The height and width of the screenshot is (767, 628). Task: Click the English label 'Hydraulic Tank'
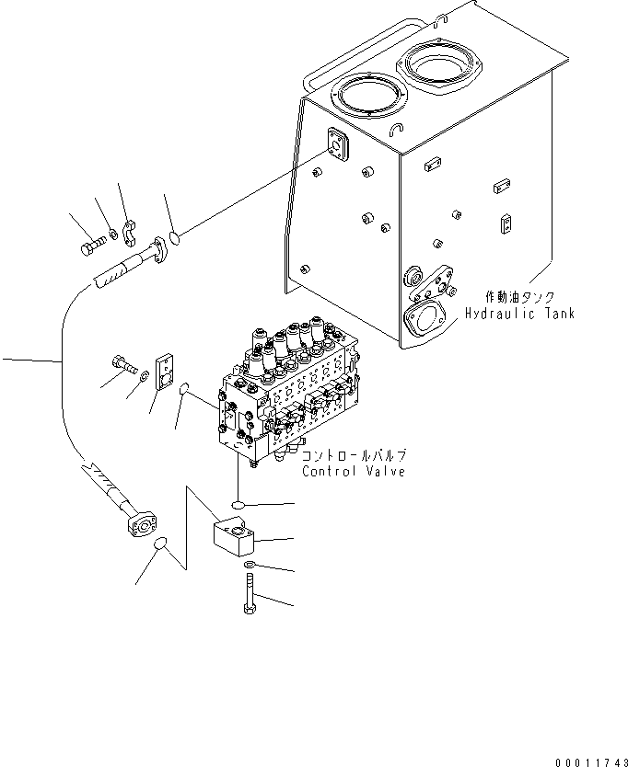click(518, 314)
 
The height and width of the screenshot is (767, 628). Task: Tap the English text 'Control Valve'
click(355, 472)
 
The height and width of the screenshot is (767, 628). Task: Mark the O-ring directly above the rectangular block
click(238, 505)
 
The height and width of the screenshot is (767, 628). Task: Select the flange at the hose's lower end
click(142, 524)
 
